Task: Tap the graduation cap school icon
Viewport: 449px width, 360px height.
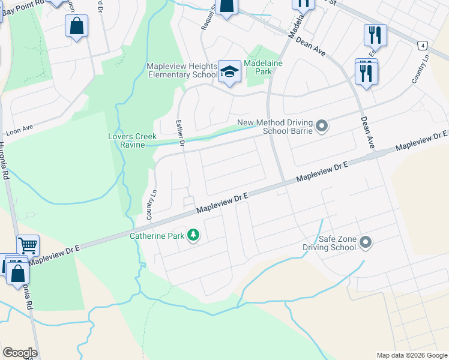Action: tap(229, 71)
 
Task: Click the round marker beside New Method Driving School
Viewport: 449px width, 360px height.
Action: tap(322, 126)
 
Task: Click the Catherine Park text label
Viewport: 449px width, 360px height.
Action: tap(157, 236)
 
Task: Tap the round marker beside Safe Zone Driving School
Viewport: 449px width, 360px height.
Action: tap(366, 242)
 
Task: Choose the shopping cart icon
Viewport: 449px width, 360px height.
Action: tap(28, 245)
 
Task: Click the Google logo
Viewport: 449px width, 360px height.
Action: tap(20, 353)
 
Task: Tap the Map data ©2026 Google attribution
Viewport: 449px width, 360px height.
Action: tap(411, 355)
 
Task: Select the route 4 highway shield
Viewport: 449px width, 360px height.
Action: tap(423, 46)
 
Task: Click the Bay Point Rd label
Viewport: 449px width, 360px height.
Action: tap(23, 3)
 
